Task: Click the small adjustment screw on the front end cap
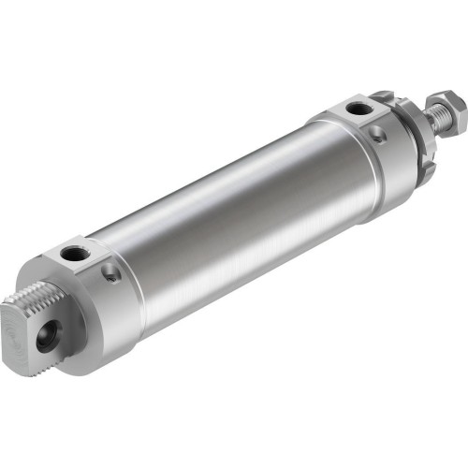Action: click(376, 137)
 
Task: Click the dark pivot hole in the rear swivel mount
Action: click(46, 338)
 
